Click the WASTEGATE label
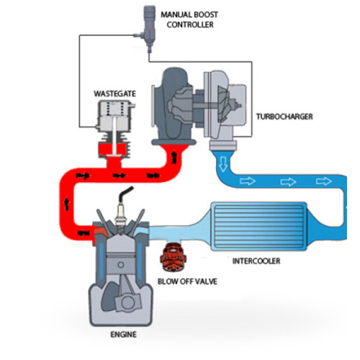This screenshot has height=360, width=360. [114, 94]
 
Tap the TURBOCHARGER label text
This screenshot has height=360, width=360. [284, 117]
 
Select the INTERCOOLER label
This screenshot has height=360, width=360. [256, 261]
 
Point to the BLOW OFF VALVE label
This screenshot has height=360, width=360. [187, 282]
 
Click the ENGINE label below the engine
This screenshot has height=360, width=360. [123, 334]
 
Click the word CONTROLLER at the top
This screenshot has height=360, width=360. [190, 24]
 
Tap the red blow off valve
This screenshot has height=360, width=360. [174, 257]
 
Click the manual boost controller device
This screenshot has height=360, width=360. [148, 29]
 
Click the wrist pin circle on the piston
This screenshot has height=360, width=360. [121, 265]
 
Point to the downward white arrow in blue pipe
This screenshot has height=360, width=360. [223, 164]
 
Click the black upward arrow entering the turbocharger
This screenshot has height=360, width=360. [174, 158]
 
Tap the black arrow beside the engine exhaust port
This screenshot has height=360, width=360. [84, 233]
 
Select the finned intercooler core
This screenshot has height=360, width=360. [258, 227]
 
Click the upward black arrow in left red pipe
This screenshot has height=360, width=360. [66, 204]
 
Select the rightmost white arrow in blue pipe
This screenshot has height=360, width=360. [324, 181]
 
